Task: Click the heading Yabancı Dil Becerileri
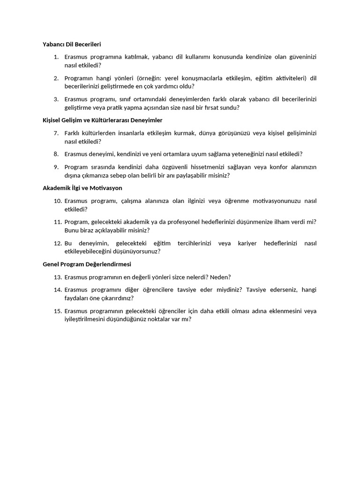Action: pos(72,44)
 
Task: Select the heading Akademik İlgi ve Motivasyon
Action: pos(82,188)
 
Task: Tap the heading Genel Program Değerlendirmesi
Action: pos(87,264)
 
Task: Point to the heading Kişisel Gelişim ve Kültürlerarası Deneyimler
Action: pos(103,120)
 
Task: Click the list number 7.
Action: pos(56,133)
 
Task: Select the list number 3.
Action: pos(56,99)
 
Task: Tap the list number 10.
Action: pos(58,201)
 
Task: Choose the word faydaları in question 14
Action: pos(77,298)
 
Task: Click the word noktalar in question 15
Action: pos(165,319)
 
